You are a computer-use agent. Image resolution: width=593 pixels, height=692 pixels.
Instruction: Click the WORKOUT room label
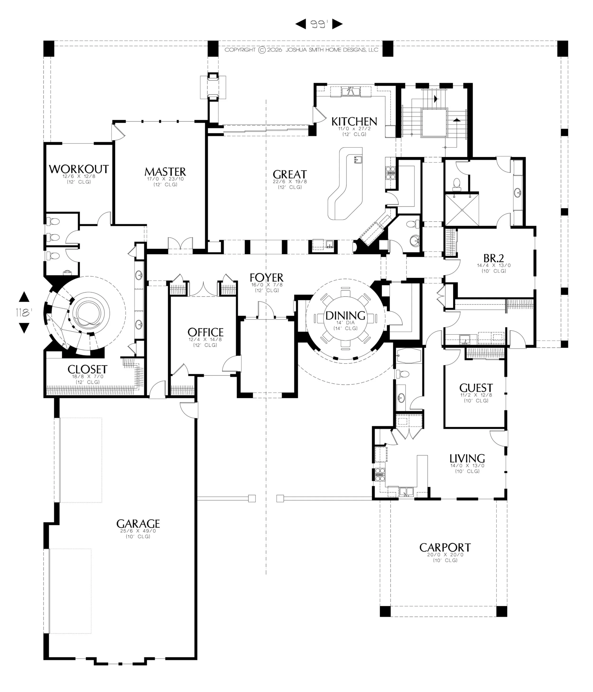tap(79, 169)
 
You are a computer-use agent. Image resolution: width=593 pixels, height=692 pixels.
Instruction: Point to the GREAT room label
tap(289, 174)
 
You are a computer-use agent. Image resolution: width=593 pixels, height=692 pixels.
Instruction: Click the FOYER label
tap(266, 278)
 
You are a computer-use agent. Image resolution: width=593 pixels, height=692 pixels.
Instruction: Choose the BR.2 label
tap(494, 258)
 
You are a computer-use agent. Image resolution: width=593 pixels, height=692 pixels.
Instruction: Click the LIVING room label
tap(467, 458)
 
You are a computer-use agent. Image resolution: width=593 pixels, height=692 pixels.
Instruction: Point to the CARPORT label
tap(445, 548)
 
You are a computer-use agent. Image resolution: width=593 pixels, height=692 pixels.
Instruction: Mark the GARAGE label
tap(138, 523)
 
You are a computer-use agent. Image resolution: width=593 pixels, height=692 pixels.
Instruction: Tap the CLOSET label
tap(87, 369)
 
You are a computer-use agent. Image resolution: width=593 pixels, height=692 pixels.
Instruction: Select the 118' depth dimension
tap(24, 312)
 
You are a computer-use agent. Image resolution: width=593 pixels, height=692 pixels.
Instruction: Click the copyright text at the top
tap(301, 50)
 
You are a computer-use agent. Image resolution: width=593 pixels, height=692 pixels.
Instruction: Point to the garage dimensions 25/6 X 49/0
tap(138, 531)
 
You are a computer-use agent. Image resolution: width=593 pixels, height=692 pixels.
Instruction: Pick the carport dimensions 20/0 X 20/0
tap(445, 555)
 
